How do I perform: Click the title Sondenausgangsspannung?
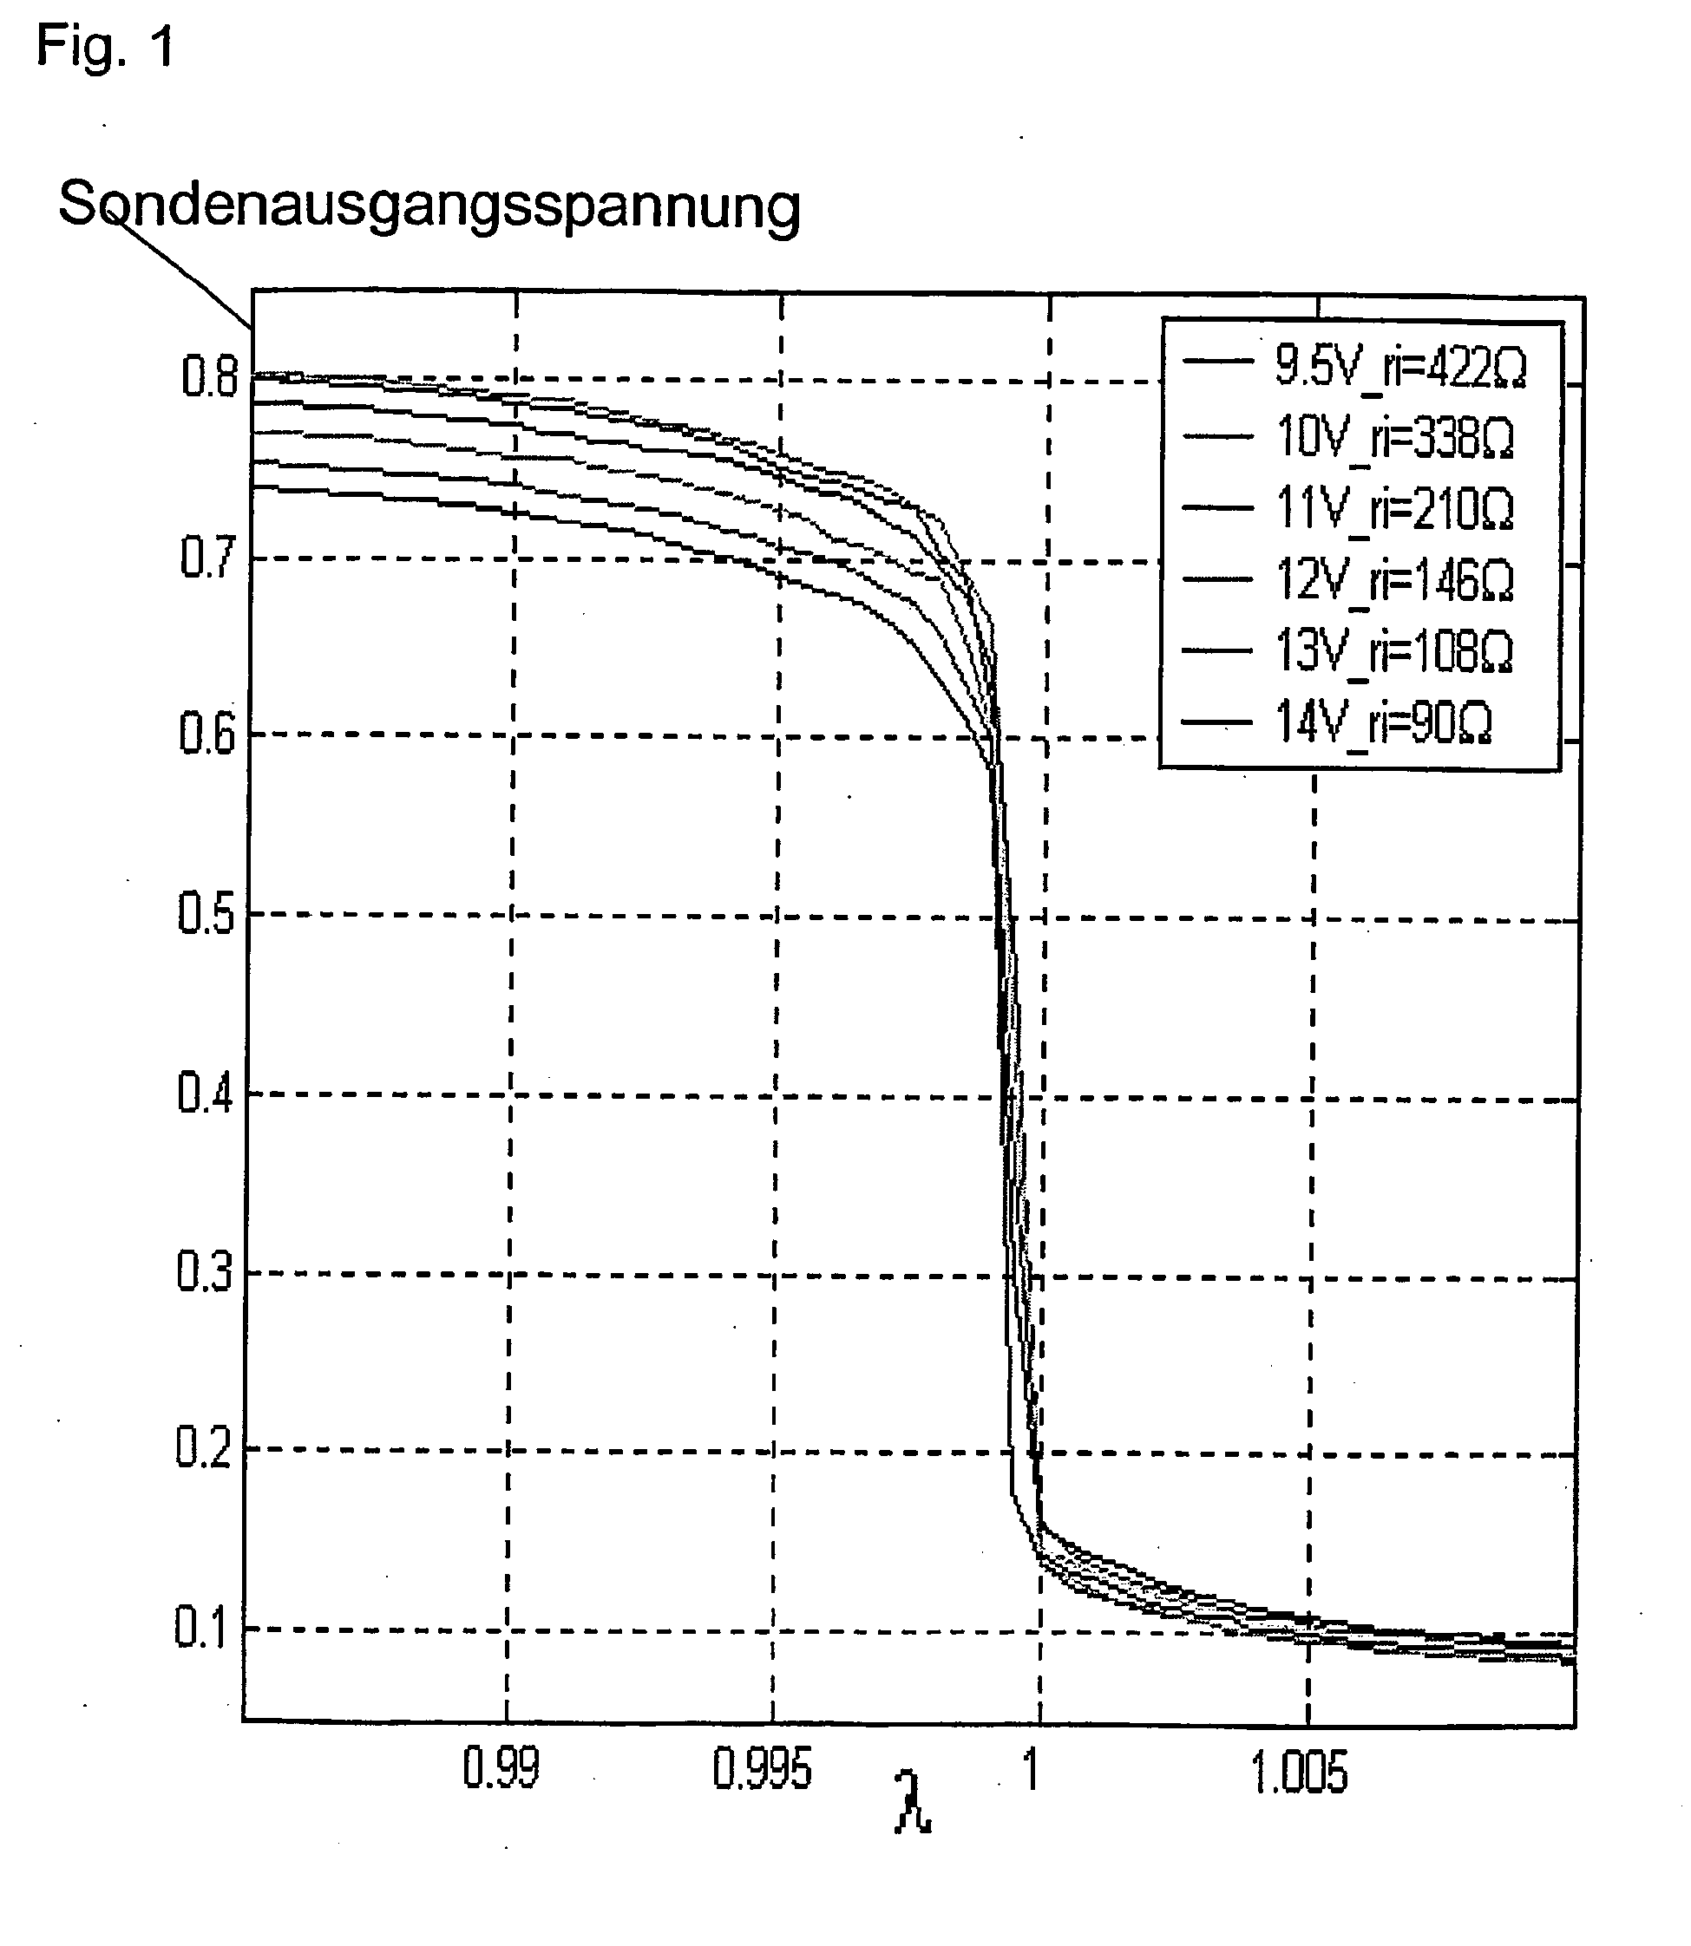pyautogui.click(x=429, y=205)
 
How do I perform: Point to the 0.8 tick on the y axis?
pyautogui.click(x=208, y=378)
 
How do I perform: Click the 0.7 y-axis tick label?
pyautogui.click(x=207, y=558)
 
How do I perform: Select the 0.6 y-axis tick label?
pyautogui.click(x=206, y=734)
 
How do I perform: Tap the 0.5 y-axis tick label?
pyautogui.click(x=206, y=913)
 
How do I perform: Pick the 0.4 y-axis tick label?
pyautogui.click(x=205, y=1094)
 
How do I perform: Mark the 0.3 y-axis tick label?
pyautogui.click(x=204, y=1272)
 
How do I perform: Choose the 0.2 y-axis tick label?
pyautogui.click(x=203, y=1448)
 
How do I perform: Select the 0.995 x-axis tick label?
pyautogui.click(x=762, y=1770)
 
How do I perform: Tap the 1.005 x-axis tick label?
pyautogui.click(x=1300, y=1773)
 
